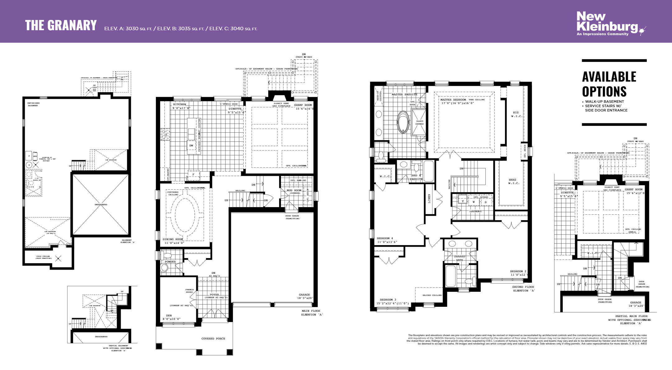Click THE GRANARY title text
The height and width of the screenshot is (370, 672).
[x=61, y=26]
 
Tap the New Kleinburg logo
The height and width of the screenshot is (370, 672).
[x=607, y=24]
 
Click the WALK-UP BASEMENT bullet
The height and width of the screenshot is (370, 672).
[x=604, y=102]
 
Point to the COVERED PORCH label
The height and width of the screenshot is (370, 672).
[x=213, y=339]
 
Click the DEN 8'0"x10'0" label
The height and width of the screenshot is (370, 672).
[x=171, y=317]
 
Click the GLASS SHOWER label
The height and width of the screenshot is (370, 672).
[x=419, y=122]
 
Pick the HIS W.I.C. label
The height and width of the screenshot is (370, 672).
[x=516, y=114]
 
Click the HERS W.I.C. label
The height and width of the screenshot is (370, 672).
[x=513, y=181]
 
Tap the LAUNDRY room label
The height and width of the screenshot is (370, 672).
[x=475, y=211]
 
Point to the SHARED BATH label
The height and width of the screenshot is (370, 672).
[x=460, y=258]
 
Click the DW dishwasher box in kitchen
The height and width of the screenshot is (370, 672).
[x=191, y=145]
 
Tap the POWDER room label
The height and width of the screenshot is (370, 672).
[x=170, y=262]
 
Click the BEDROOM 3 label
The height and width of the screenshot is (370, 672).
[x=388, y=300]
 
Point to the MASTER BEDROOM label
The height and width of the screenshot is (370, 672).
[x=453, y=100]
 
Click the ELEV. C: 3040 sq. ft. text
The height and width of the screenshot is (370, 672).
[x=233, y=29]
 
